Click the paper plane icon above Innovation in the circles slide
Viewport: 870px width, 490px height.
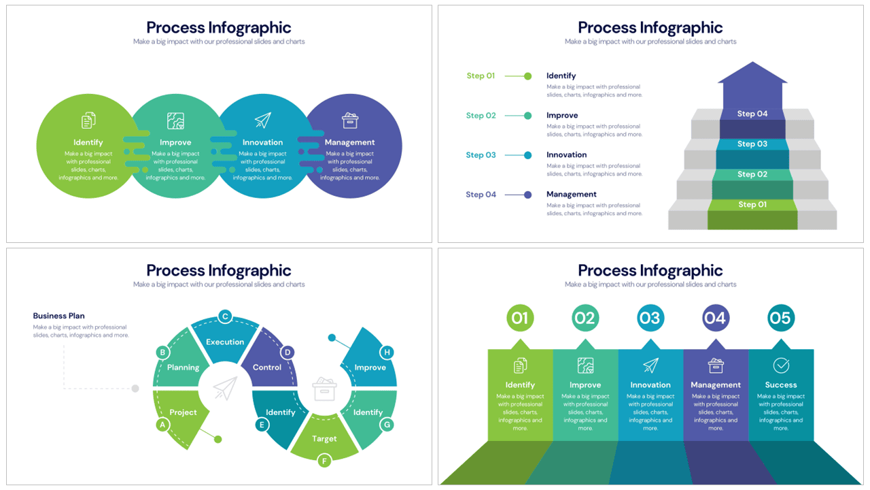point(263,120)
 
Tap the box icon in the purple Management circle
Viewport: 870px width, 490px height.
point(350,120)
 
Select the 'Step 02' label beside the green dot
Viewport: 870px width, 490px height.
point(481,116)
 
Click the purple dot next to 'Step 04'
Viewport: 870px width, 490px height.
point(527,195)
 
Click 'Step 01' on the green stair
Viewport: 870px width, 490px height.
point(752,204)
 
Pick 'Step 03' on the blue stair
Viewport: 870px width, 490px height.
point(752,144)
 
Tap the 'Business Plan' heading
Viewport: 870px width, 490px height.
point(59,316)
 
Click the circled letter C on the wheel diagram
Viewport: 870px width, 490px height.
point(225,316)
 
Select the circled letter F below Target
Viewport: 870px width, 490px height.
point(324,461)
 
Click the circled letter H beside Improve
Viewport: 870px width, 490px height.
point(387,352)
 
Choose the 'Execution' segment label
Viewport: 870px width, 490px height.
point(225,342)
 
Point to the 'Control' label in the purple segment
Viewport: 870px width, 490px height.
point(267,367)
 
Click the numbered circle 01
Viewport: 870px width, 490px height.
point(520,318)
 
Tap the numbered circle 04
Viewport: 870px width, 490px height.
point(715,318)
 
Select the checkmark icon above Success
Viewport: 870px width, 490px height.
point(781,365)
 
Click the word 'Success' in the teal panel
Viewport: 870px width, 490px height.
point(781,385)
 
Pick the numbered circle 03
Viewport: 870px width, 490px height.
point(650,318)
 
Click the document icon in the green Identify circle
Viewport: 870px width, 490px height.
point(88,121)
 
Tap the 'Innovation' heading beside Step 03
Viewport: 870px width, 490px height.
point(566,155)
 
